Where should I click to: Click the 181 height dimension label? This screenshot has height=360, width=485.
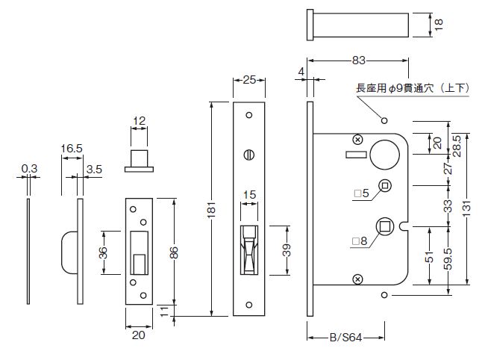coord(211,210)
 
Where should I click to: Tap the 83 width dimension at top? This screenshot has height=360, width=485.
coord(358,60)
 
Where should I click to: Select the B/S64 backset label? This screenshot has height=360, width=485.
coord(345,337)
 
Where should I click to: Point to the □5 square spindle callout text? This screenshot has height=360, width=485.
coord(362,193)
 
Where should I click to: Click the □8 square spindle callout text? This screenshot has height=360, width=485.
coord(360,240)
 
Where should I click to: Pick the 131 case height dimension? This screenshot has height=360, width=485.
coord(467,208)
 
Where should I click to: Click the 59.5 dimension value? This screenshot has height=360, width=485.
coord(448,258)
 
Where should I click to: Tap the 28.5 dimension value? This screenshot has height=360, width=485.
coord(457,146)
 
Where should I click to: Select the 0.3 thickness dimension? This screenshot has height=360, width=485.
coord(29,169)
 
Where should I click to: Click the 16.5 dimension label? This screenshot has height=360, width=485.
coord(72,149)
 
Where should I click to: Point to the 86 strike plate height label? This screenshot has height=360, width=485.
coord(174,252)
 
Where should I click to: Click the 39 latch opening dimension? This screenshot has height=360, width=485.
coord(287,250)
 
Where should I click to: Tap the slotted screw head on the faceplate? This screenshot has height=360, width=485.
coord(249,155)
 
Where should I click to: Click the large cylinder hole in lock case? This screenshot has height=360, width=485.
coord(385,155)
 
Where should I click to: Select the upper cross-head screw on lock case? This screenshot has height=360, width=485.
coord(358,140)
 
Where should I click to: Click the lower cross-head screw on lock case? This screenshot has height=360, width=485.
coord(358,279)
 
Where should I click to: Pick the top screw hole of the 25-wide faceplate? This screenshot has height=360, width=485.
coord(249,115)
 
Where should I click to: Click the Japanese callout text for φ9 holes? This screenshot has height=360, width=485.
coord(413,88)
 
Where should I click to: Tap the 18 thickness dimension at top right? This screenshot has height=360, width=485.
coord(439,24)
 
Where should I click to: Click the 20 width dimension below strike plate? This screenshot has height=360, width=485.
coord(138,335)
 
